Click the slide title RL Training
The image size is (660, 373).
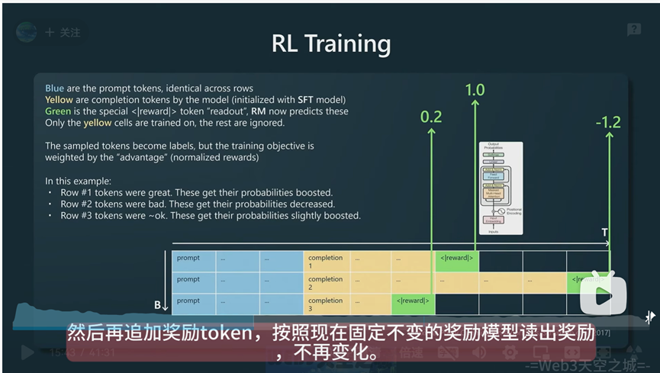(x=330, y=43)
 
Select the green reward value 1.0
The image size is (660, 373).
(x=475, y=90)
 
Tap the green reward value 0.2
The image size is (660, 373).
(x=431, y=117)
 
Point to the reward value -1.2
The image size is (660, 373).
(x=609, y=121)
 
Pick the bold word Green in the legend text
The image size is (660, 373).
(x=58, y=111)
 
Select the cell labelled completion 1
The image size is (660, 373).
(x=326, y=262)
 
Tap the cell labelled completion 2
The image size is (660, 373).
(x=326, y=283)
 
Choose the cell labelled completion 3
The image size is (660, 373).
(x=326, y=304)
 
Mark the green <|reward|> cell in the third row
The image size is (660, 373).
(x=414, y=302)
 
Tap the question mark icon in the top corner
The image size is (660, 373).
(x=633, y=30)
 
